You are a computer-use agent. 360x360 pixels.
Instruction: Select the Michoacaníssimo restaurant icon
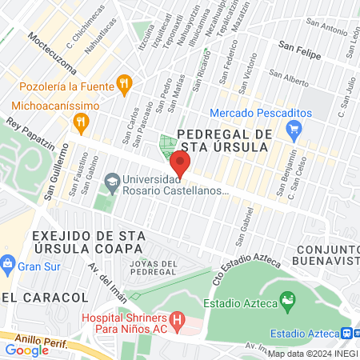80,122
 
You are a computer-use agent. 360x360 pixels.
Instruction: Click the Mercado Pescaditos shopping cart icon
296,128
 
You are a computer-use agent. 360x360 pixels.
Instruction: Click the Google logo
26,350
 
